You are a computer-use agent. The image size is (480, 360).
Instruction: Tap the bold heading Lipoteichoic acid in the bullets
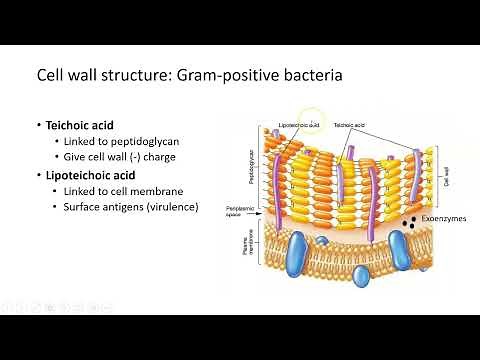(98, 174)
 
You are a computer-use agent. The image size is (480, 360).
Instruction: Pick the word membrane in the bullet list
(166, 190)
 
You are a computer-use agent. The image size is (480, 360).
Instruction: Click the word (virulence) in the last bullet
(169, 206)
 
